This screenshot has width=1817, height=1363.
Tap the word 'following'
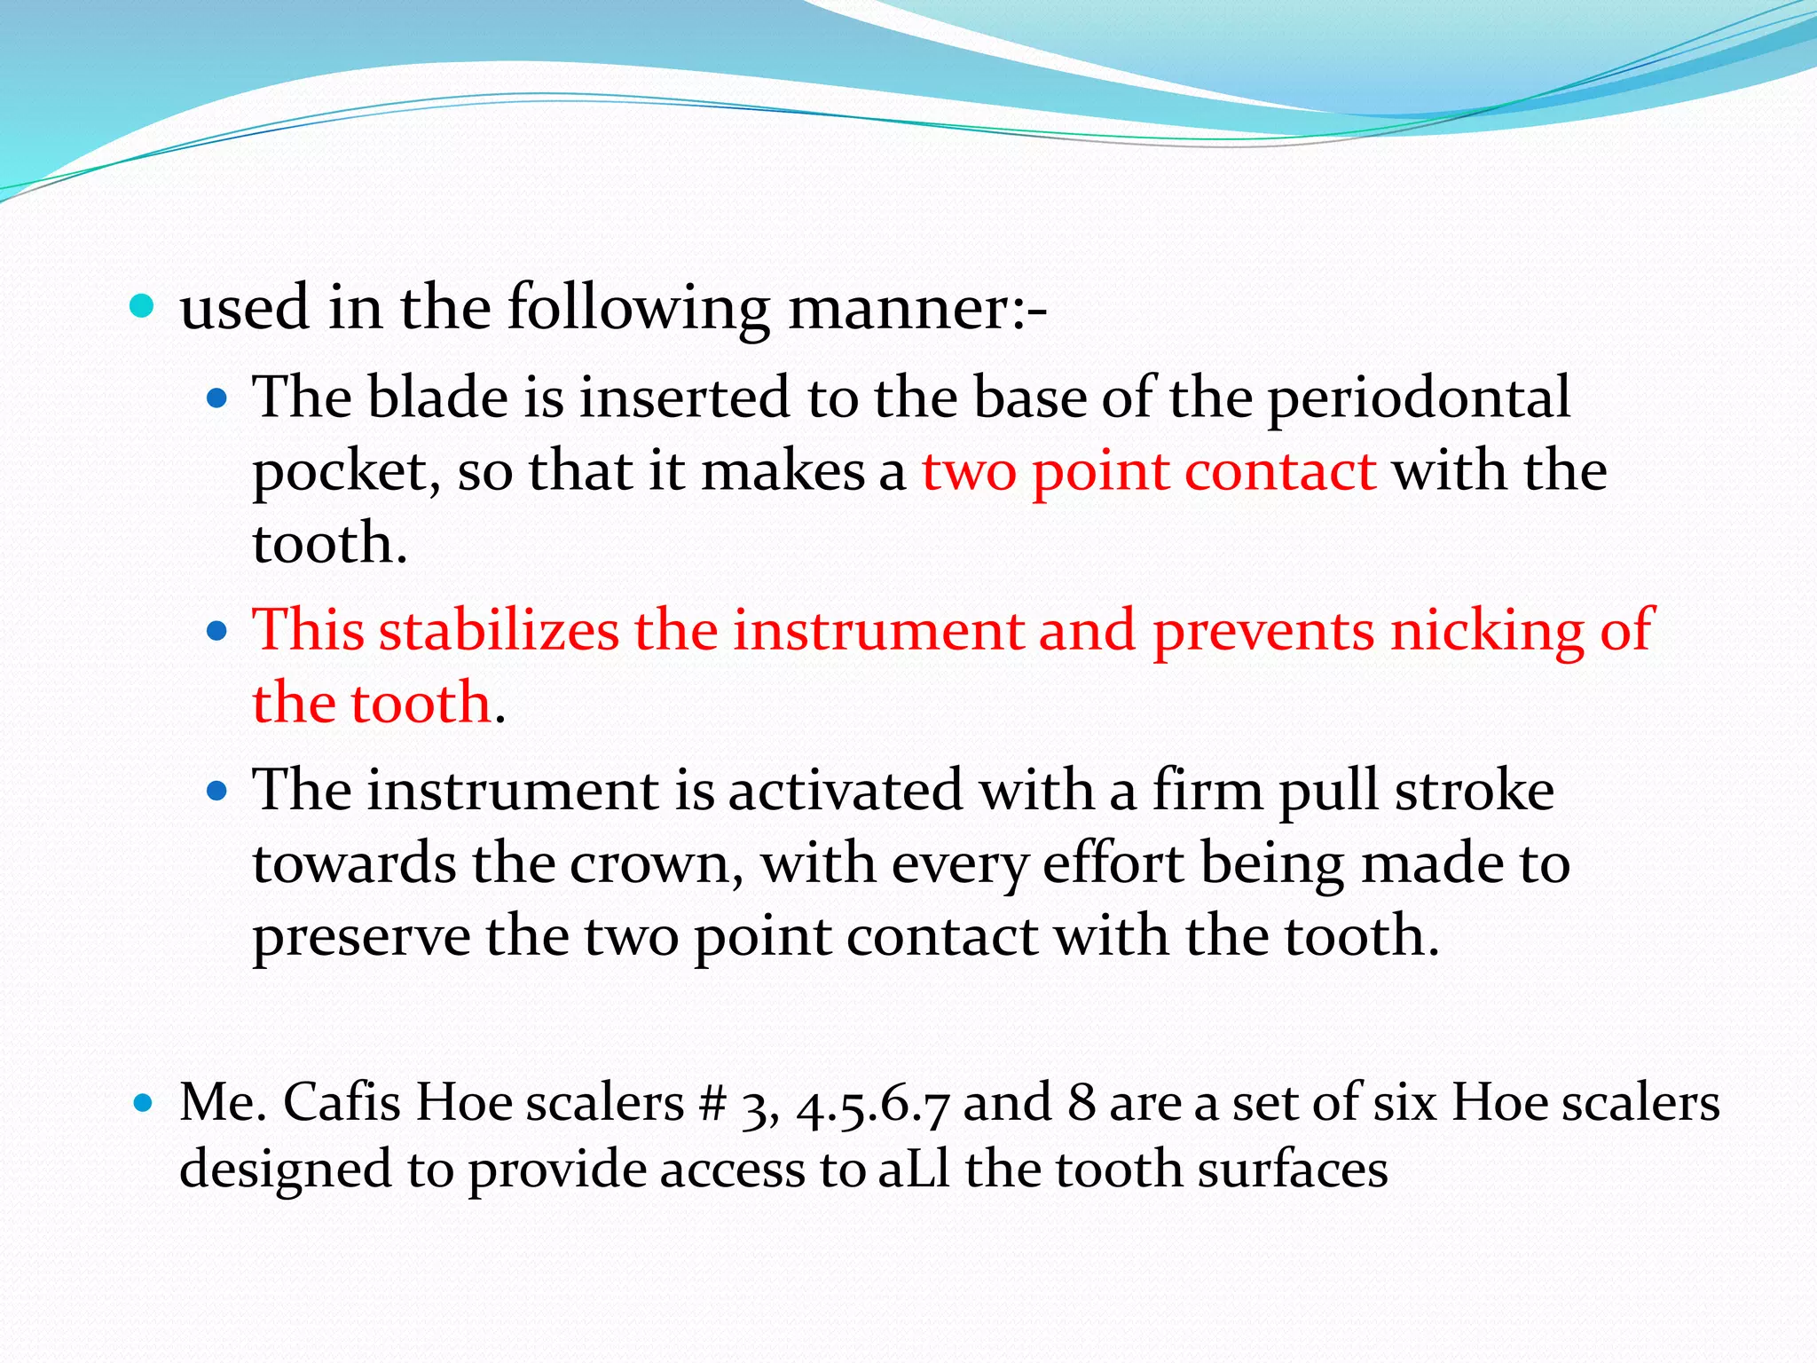[638, 308]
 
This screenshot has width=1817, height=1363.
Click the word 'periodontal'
[1418, 398]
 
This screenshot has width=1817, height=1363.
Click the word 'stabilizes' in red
[499, 630]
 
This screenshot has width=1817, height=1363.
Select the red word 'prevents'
[1263, 631]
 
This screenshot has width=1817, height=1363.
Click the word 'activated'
[845, 790]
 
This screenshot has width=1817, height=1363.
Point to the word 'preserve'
[361, 937]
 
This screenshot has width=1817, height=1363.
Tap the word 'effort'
[1113, 863]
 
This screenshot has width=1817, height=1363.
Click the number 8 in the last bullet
[1081, 1103]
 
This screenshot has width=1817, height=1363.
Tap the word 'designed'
[285, 1170]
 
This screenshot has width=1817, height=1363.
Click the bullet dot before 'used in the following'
[142, 308]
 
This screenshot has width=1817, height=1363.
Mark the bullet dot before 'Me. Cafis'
[142, 1103]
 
